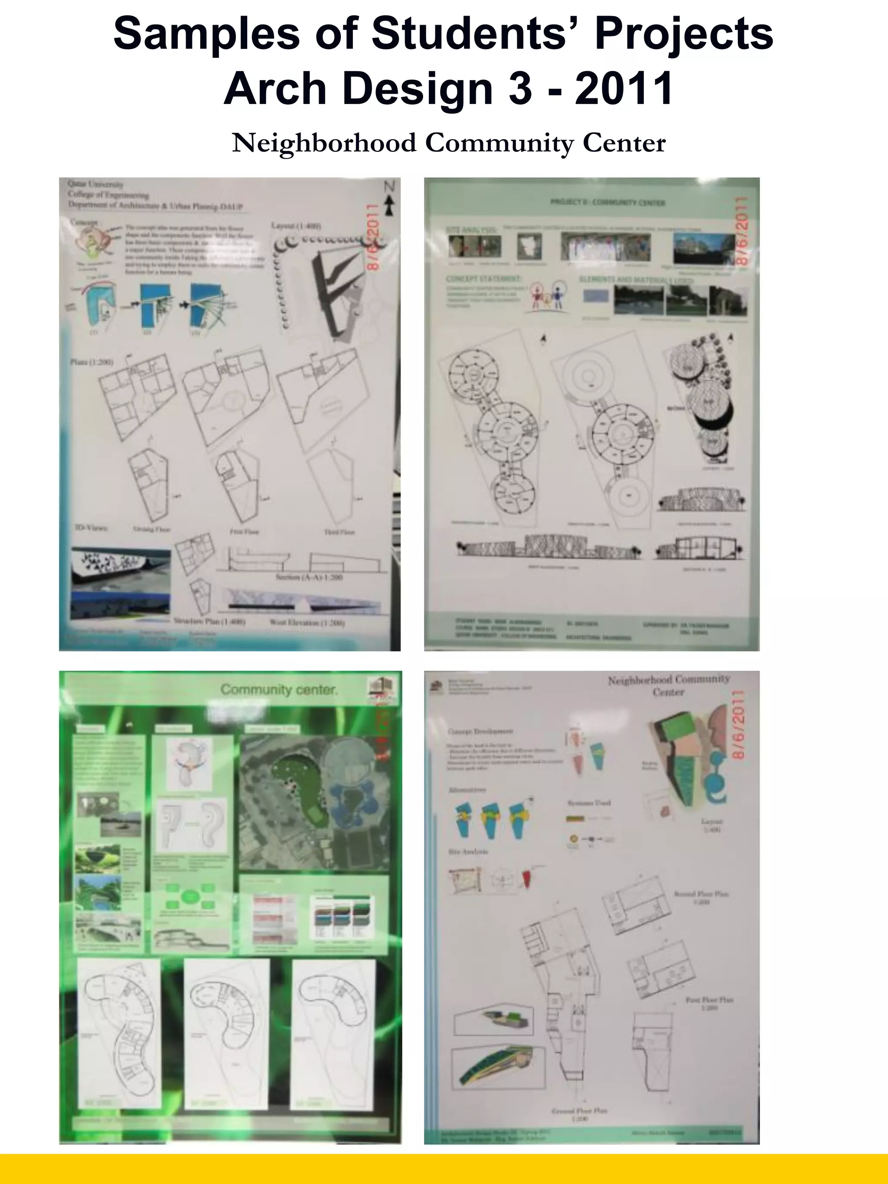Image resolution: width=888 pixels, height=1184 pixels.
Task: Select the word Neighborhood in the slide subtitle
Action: [x=324, y=144]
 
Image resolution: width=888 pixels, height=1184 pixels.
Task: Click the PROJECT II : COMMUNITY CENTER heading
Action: [x=607, y=203]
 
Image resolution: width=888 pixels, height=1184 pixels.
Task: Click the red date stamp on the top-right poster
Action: [x=740, y=231]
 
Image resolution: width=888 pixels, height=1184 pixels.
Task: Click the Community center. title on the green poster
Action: [x=279, y=690]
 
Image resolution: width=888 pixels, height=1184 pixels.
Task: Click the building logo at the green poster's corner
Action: [x=382, y=689]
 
